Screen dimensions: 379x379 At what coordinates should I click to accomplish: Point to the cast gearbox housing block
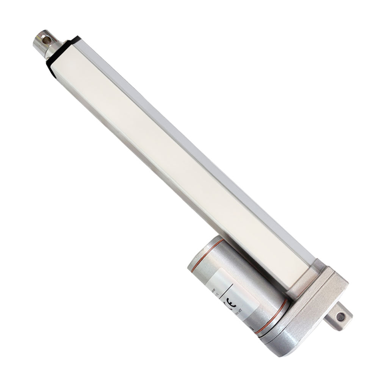tap(318, 299)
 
